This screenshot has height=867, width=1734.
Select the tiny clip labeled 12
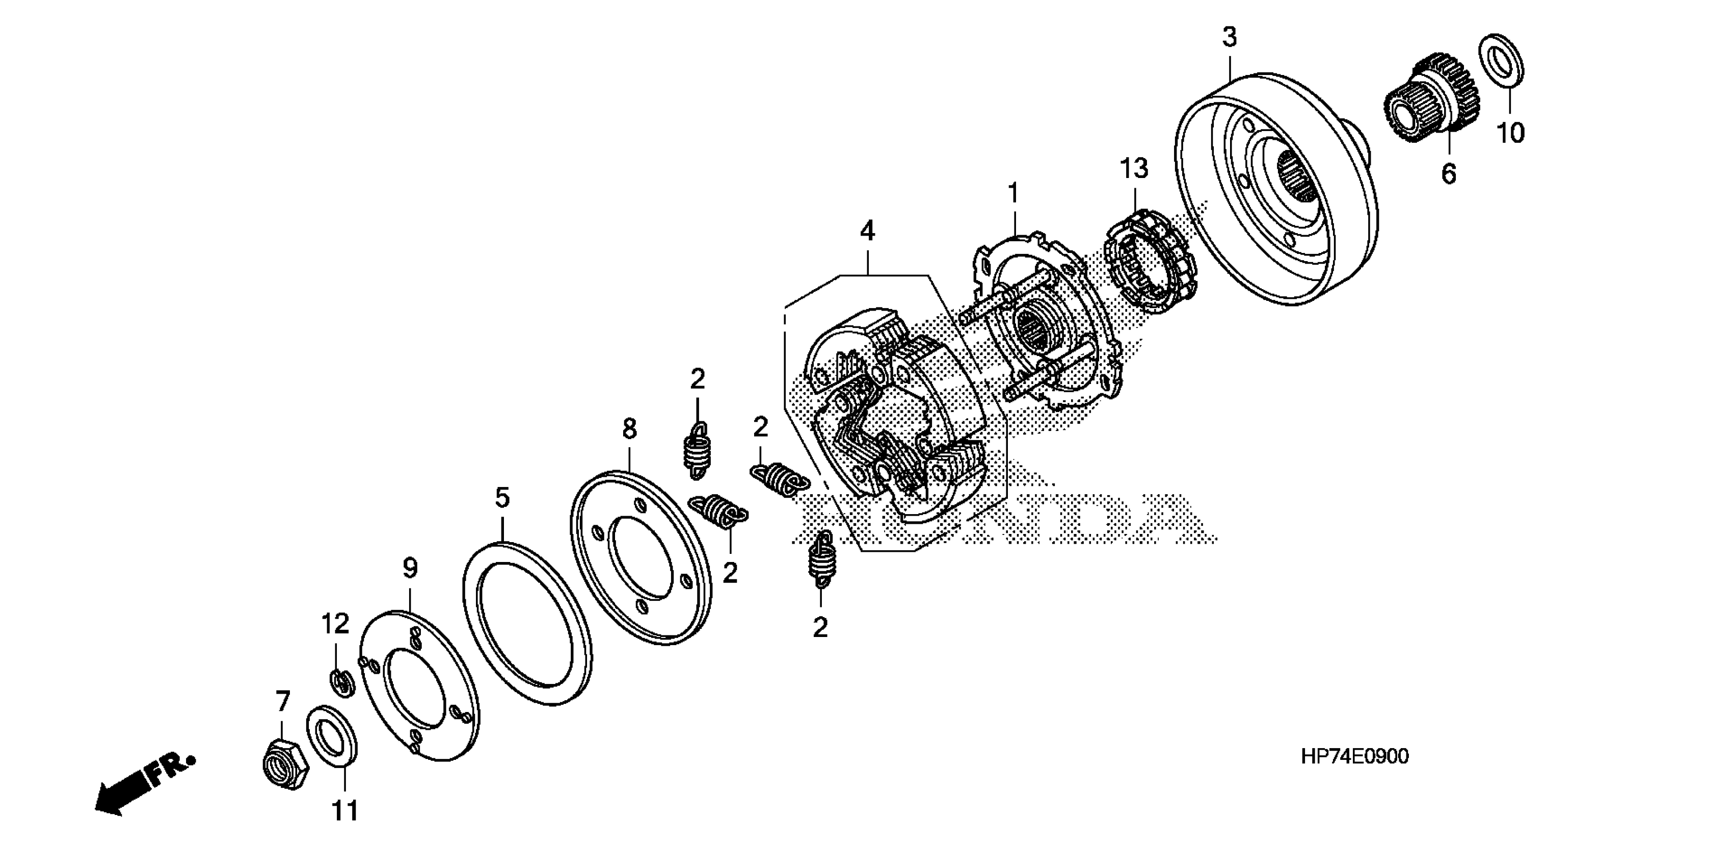tap(342, 684)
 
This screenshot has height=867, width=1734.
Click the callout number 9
tap(410, 569)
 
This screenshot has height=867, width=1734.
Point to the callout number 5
tap(502, 498)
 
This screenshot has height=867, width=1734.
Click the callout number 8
tap(629, 428)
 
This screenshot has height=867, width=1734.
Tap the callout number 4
tap(867, 231)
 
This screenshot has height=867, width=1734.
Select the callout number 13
tap(1134, 168)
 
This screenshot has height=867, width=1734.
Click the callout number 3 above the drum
tap(1229, 38)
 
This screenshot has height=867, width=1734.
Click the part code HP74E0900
tap(1354, 756)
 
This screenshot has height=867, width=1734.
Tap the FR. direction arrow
tap(145, 784)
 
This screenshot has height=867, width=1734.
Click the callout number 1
tap(1013, 193)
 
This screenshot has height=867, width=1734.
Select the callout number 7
tap(283, 701)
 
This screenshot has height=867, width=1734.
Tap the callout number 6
tap(1449, 174)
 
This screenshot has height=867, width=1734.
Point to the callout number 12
tap(335, 624)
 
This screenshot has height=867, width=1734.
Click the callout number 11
tap(344, 811)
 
